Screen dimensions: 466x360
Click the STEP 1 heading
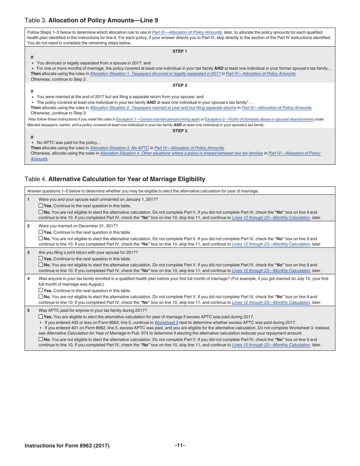click(x=180, y=51)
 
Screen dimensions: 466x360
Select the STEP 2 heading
click(x=180, y=85)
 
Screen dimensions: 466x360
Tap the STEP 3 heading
click(x=180, y=131)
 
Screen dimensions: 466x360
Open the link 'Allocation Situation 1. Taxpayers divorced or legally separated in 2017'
click(x=155, y=73)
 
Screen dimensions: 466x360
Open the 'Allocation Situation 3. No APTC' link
click(x=119, y=148)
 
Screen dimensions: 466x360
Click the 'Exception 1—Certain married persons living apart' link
click(x=158, y=119)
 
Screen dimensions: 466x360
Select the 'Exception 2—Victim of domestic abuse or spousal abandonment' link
click(x=259, y=119)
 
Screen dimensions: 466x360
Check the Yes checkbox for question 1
click(x=41, y=206)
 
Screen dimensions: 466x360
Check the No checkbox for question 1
click(x=41, y=212)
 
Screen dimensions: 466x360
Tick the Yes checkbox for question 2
click(x=41, y=232)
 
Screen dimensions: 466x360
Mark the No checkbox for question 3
click(x=41, y=265)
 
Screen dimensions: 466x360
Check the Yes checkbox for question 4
click(x=41, y=291)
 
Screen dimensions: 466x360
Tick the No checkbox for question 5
click(x=41, y=339)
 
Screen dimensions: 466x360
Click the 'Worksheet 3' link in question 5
click(x=166, y=322)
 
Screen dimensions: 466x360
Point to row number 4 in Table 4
click(x=28, y=278)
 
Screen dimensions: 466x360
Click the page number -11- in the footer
click(x=180, y=445)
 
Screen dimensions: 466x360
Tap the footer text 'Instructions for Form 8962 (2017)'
click(x=67, y=446)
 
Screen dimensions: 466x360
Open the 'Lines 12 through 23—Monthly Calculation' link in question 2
click(x=271, y=244)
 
